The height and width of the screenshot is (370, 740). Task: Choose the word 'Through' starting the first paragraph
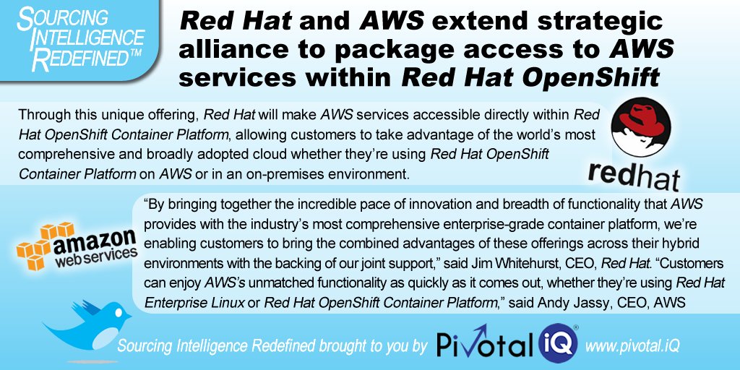coord(40,115)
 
